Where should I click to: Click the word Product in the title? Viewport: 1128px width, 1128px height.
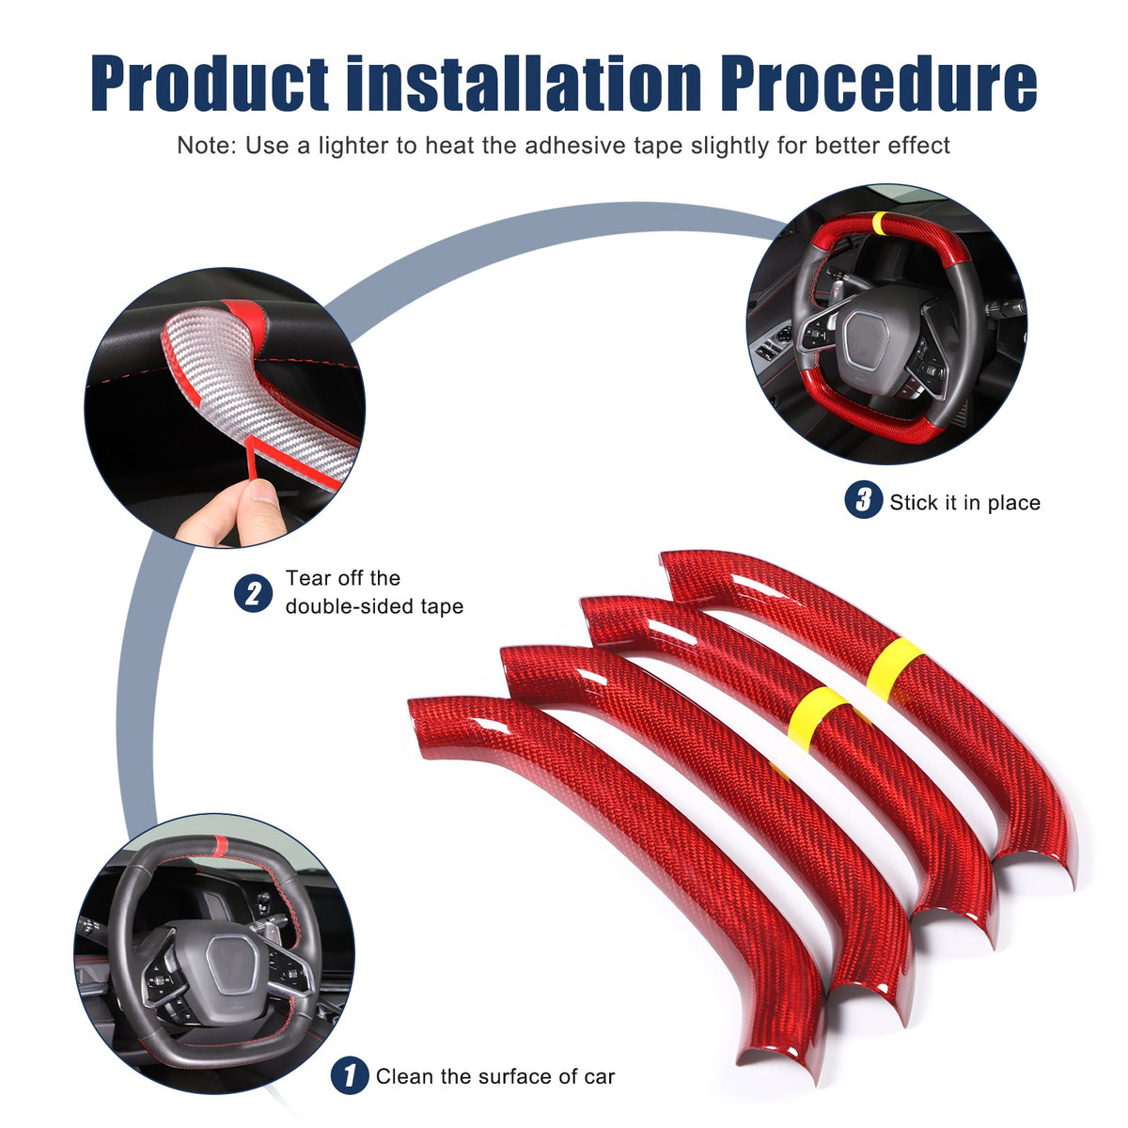coord(210,82)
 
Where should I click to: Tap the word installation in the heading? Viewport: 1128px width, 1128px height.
coord(524,82)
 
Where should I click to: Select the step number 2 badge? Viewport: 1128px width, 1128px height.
coord(253,593)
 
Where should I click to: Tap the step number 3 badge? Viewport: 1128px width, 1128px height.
coord(863,499)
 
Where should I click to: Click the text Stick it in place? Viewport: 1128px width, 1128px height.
coord(964,502)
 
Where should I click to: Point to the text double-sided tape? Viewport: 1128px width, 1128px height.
coord(374,606)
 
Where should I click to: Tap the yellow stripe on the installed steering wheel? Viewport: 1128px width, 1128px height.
coord(879,223)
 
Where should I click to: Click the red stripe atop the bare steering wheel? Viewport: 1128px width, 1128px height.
coord(219,845)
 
